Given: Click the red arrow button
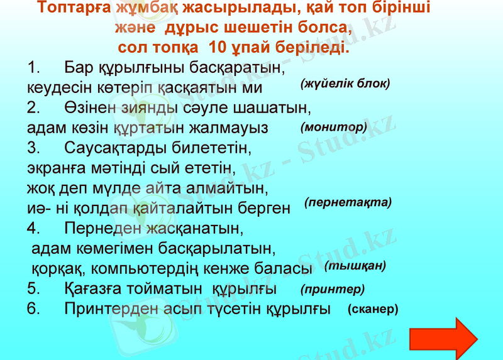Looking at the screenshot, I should click(x=448, y=338).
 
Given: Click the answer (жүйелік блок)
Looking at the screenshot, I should click(x=345, y=83).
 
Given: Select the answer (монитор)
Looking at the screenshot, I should click(x=333, y=127).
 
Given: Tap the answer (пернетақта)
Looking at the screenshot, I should click(x=348, y=202).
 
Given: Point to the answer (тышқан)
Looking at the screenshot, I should click(x=355, y=266).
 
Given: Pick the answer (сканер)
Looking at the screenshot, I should click(x=372, y=309).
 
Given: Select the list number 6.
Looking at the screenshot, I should click(x=34, y=308).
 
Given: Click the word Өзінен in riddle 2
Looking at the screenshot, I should click(x=92, y=108).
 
